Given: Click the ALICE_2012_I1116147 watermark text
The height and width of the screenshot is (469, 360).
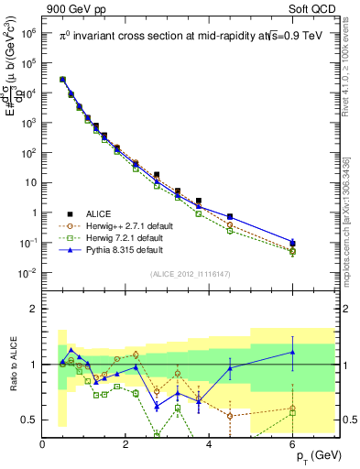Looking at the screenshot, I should pyautogui.click(x=191, y=273).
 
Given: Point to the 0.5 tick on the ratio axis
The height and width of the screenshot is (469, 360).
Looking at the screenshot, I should pyautogui.click(x=28, y=420).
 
